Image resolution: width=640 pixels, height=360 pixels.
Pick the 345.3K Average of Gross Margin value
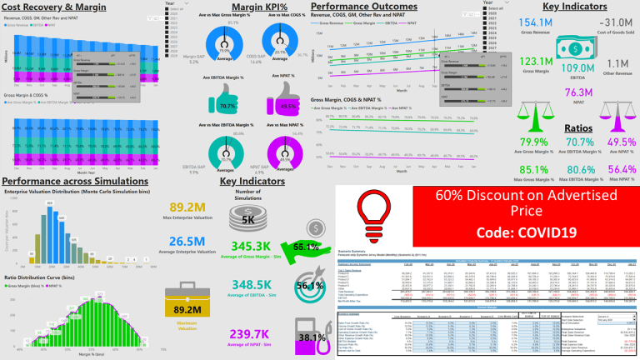[259, 247]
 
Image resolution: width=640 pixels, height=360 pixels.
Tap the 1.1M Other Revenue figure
[617, 64]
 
